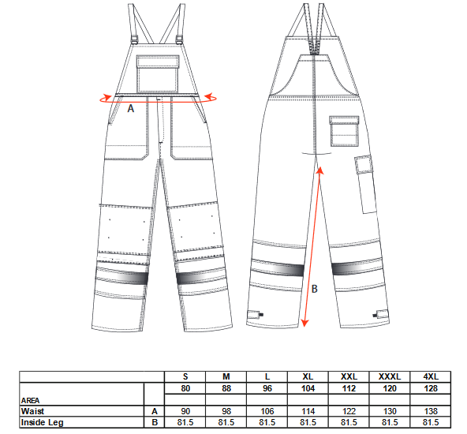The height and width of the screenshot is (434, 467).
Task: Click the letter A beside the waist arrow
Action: [x=130, y=108]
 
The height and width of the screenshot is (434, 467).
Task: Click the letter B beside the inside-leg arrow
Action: [x=314, y=289]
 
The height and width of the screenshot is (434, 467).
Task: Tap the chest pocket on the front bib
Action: [x=158, y=74]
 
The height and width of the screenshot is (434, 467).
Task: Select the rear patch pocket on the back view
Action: [x=344, y=131]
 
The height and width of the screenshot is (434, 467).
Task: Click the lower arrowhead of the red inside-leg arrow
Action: [x=304, y=323]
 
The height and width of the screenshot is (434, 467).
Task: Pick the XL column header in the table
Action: [x=308, y=377]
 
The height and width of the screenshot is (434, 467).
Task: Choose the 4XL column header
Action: [x=431, y=377]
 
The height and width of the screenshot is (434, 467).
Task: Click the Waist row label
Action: [x=33, y=411]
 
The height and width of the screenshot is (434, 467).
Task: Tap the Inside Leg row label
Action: [x=42, y=422]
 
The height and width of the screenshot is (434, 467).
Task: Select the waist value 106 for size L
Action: [x=267, y=411]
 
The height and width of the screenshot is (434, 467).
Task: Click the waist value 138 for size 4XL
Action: [x=431, y=411]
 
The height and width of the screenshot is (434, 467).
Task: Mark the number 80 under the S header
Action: [x=185, y=388]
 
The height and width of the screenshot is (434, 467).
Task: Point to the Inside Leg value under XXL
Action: [x=349, y=422]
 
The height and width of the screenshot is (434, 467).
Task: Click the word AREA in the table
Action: [x=31, y=400]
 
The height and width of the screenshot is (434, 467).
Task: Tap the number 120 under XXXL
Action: [x=390, y=388]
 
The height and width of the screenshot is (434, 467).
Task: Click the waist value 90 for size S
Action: [x=185, y=411]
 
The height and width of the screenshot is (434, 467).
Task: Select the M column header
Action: [x=226, y=377]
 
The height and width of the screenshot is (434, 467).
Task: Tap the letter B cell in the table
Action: [x=155, y=422]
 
